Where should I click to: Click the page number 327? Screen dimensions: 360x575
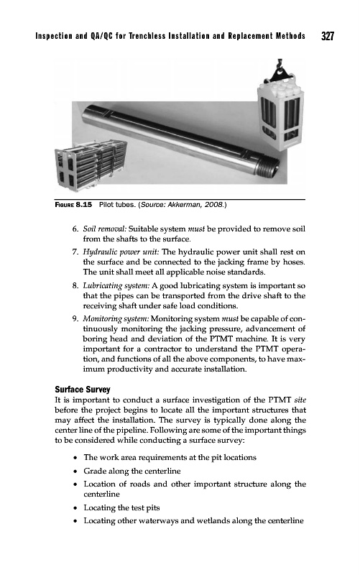(328, 36)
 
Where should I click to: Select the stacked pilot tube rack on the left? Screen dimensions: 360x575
(91, 165)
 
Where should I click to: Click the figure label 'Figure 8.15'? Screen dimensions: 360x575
(73, 205)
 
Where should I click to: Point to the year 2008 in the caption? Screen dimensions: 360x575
(213, 205)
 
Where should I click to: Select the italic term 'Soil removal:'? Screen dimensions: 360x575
(104, 229)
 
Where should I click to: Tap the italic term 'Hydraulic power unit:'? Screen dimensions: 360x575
(121, 252)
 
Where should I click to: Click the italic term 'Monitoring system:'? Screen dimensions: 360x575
(116, 319)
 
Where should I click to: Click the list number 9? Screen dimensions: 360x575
(75, 319)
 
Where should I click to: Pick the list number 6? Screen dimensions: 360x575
(75, 229)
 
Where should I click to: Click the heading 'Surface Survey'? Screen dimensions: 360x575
(83, 390)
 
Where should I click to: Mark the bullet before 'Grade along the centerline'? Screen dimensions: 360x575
(75, 471)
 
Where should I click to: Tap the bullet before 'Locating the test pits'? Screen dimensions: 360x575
(75, 508)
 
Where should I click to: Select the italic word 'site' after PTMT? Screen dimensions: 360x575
(300, 400)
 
